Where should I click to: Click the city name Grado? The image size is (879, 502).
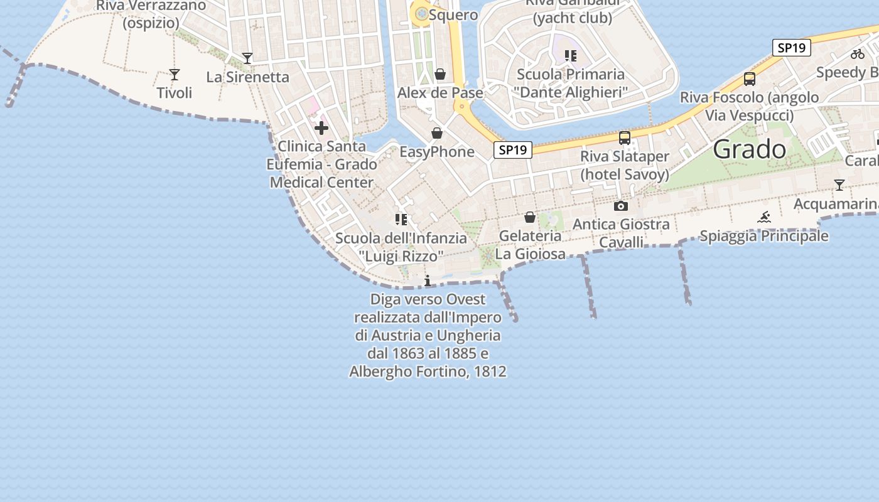coord(750,149)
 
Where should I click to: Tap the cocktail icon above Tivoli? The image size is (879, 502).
coord(175,75)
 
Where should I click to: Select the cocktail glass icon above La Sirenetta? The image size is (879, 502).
coord(247,58)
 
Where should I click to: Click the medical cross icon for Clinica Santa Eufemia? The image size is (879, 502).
coord(321,129)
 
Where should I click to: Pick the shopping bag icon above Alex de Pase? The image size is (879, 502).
coord(440,75)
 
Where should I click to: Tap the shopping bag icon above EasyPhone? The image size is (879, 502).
coord(437,133)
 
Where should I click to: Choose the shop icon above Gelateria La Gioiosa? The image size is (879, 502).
coord(530,217)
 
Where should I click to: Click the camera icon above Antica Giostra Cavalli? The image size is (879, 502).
coord(620,206)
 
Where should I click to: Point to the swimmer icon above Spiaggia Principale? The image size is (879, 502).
coord(763,218)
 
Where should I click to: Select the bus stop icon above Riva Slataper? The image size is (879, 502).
coord(624,138)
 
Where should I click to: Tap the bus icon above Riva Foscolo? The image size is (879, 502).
coord(749,79)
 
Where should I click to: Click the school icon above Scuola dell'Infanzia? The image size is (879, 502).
coord(401,220)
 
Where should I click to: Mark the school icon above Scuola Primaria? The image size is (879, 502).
coord(570,56)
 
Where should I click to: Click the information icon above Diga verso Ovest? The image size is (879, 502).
coord(428,280)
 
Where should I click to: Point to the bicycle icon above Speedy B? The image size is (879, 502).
coord(858,54)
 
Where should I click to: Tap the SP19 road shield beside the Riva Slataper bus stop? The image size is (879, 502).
coord(513,150)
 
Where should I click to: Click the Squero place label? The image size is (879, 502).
coord(454,14)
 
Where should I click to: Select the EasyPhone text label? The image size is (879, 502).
coord(437,152)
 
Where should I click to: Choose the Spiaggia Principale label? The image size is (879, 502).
coord(763,236)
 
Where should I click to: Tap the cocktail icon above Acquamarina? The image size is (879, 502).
coord(839,185)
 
